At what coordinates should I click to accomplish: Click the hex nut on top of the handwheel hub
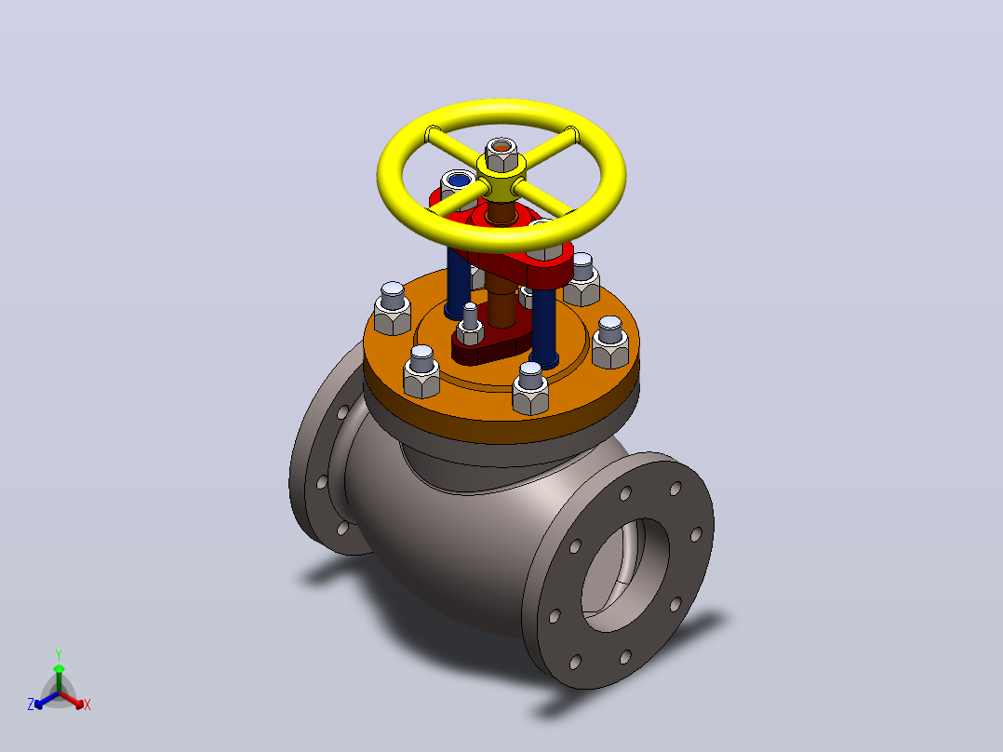coord(501,154)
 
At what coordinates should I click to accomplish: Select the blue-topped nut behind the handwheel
coord(458,182)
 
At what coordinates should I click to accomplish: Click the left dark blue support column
coord(458,283)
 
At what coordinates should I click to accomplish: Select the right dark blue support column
coord(543,328)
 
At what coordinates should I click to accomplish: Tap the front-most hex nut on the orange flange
coord(530,388)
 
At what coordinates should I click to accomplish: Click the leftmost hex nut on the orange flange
coord(392,309)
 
